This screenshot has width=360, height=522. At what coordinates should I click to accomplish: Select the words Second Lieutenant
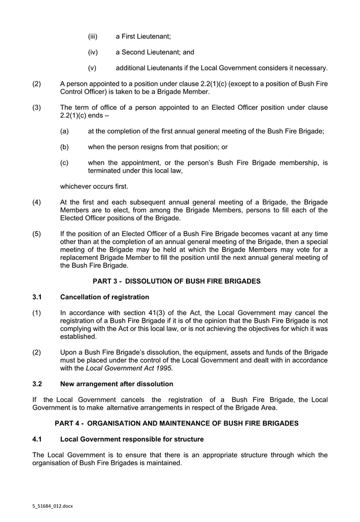[x=148, y=52]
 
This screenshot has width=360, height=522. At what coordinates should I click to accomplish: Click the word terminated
[x=106, y=171]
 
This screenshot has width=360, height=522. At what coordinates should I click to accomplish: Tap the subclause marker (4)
[x=37, y=202]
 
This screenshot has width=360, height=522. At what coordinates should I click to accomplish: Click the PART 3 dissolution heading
[x=176, y=281]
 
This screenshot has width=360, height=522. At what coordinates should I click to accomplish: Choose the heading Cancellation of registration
[x=105, y=297]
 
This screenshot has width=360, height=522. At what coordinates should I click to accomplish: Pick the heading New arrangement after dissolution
[x=116, y=384]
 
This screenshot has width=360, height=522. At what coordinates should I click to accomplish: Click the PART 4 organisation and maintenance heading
[x=176, y=423]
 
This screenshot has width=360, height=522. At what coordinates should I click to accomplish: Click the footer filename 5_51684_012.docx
[x=51, y=506]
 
